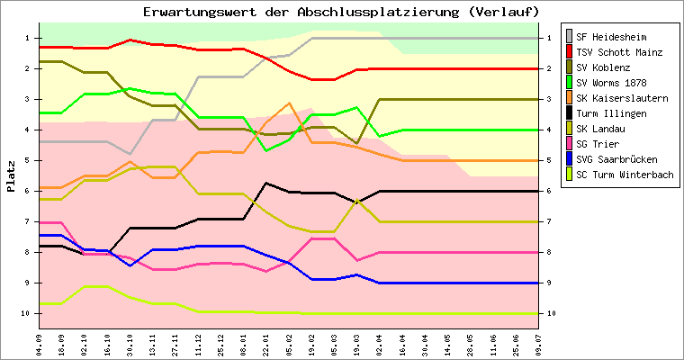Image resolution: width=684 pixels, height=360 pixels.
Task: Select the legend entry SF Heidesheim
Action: (611, 36)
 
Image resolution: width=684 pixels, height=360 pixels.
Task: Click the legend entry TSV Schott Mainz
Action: (619, 52)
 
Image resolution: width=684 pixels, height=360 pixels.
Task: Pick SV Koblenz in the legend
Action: (602, 67)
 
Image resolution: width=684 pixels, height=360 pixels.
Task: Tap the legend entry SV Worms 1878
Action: (611, 83)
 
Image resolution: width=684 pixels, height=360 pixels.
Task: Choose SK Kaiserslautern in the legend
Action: (622, 98)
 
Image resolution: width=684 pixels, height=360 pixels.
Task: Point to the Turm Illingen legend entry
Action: (611, 113)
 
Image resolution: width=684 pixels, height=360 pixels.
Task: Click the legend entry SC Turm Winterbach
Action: (625, 175)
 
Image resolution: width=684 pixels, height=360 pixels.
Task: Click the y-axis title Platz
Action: (11, 175)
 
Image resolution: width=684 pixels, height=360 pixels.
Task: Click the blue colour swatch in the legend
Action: (568, 159)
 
